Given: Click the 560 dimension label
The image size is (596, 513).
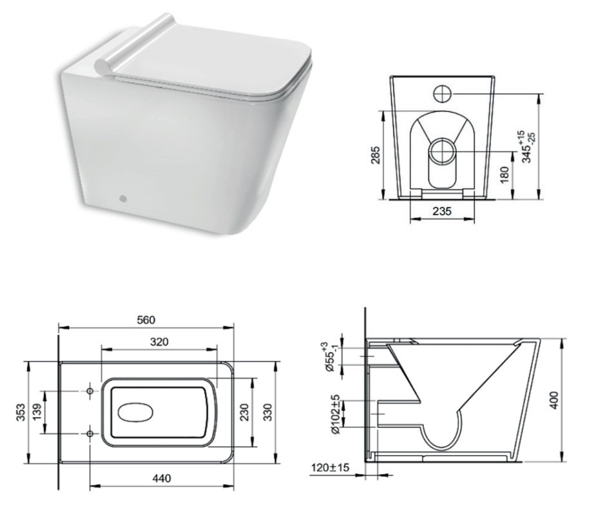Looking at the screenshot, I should pos(146,320).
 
